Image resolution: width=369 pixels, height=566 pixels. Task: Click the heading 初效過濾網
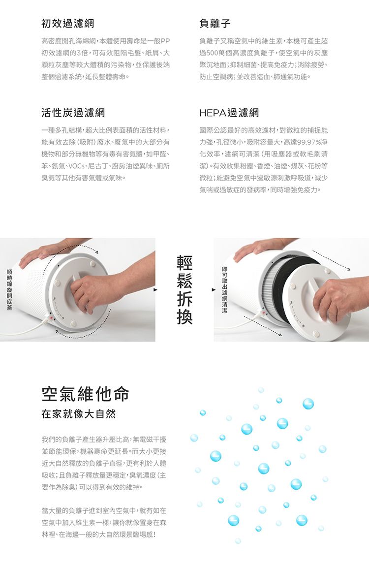tap(68, 24)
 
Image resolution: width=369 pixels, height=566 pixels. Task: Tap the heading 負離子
tap(215, 24)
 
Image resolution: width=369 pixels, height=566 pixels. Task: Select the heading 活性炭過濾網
tap(73, 113)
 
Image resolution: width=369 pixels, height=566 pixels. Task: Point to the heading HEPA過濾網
tap(229, 113)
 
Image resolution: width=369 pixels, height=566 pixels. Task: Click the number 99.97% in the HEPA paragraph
tap(307, 142)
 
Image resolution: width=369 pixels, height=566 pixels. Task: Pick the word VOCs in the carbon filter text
tap(76, 166)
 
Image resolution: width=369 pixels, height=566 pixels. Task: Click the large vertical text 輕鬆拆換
tap(184, 289)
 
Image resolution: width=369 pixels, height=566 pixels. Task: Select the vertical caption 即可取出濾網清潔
tap(225, 289)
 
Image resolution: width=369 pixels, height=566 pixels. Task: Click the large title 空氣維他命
tap(86, 394)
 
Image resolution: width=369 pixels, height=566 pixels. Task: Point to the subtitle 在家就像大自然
tap(79, 413)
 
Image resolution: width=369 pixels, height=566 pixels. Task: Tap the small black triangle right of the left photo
tap(155, 289)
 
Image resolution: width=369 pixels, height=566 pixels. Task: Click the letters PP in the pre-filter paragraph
tap(165, 41)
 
